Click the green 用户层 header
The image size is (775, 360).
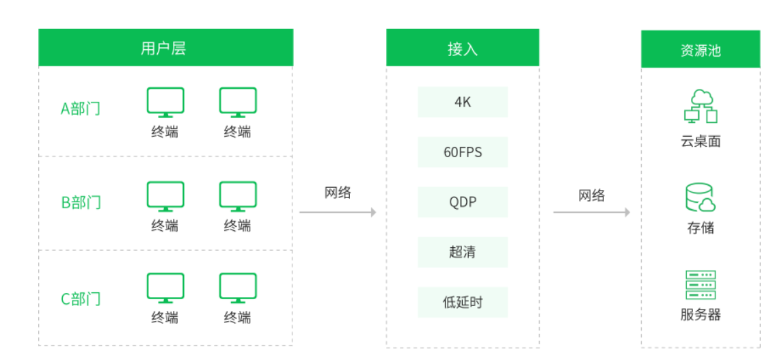(165, 48)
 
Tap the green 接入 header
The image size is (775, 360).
(462, 48)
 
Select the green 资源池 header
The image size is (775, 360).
(700, 49)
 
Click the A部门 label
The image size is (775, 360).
(81, 109)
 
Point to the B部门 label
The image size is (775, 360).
(81, 202)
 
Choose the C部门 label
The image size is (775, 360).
(81, 299)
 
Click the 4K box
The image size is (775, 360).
(463, 102)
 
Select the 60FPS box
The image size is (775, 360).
(463, 152)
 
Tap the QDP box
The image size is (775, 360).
(463, 202)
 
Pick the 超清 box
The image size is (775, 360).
(463, 252)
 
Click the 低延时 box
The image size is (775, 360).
(463, 302)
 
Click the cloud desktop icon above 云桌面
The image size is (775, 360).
(701, 107)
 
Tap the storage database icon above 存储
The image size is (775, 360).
(701, 197)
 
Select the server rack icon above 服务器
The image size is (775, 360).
(701, 285)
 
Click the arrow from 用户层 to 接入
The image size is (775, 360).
(338, 212)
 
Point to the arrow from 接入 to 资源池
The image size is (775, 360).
(591, 212)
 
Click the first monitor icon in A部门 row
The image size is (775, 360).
(165, 101)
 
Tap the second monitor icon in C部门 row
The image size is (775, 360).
(238, 288)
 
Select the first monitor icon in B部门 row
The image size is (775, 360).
(165, 195)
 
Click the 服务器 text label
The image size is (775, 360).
(701, 315)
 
